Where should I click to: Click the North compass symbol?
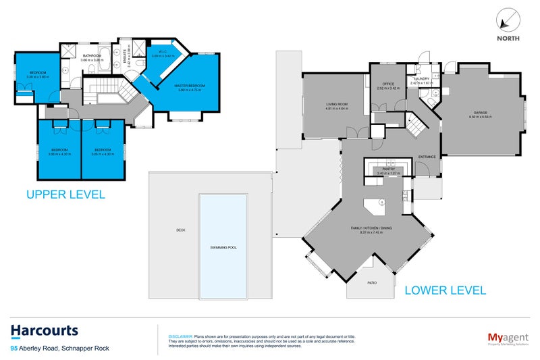coord(508,20)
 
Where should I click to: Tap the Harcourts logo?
coord(45,331)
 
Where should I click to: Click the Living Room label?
coord(336,104)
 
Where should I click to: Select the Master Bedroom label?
coord(189,86)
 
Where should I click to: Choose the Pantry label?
coord(388,170)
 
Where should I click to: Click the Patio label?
coord(372,283)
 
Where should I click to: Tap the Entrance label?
coord(427,157)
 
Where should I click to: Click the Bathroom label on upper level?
coord(92,55)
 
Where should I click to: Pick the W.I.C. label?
coord(165,51)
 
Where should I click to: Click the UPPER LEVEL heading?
coord(65,195)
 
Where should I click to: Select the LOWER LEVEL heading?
coord(445,290)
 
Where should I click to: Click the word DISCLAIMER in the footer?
coord(180,336)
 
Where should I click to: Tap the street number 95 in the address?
coord(14,349)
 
